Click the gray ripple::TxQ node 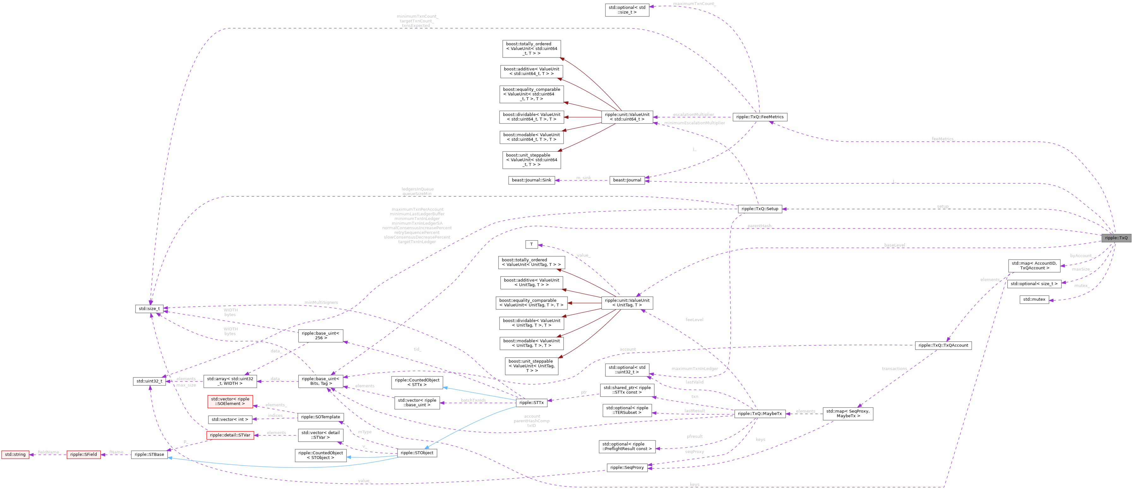(1116, 238)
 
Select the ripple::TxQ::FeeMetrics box (759, 117)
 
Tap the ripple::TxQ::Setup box (759, 209)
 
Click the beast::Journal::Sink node (531, 180)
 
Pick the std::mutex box (1034, 300)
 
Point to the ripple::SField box (84, 455)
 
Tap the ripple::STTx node (531, 403)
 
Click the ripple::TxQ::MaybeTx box (759, 414)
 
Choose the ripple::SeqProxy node (627, 468)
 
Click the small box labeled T (531, 244)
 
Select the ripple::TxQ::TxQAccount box (943, 345)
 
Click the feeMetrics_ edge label (943, 139)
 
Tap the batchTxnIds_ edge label (474, 400)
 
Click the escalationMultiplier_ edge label (694, 115)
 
